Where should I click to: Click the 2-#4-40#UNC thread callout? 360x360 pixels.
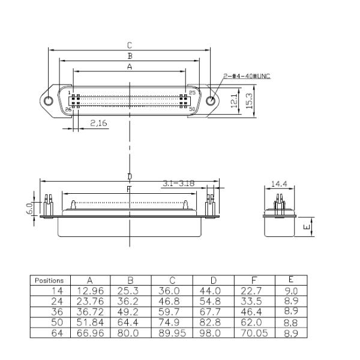pyautogui.click(x=247, y=76)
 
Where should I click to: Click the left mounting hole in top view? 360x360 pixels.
pyautogui.click(x=49, y=101)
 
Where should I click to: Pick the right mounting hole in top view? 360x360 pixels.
pyautogui.click(x=210, y=101)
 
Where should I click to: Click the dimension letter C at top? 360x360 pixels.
pyautogui.click(x=129, y=45)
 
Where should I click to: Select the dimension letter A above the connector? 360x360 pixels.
pyautogui.click(x=129, y=67)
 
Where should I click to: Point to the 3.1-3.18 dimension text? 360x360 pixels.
pyautogui.click(x=178, y=184)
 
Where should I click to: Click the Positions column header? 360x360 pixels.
pyautogui.click(x=49, y=280)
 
